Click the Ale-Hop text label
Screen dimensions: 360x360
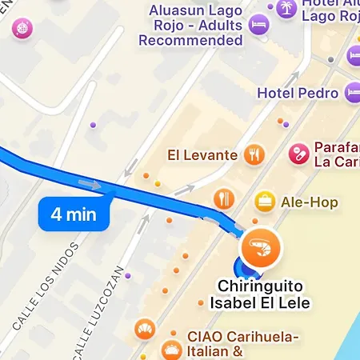pyautogui.click(x=309, y=202)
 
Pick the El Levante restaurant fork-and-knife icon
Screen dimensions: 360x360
pyautogui.click(x=254, y=154)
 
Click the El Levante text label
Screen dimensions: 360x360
pyautogui.click(x=202, y=155)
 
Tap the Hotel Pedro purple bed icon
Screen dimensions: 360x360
pyautogui.click(x=353, y=93)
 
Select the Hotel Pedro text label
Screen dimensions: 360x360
pyautogui.click(x=298, y=93)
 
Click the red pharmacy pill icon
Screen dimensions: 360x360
pyautogui.click(x=299, y=152)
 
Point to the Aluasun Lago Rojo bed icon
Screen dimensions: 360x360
pyautogui.click(x=258, y=26)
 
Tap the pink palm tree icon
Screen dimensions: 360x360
pyautogui.click(x=285, y=9)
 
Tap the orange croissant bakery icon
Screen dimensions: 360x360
pyautogui.click(x=145, y=330)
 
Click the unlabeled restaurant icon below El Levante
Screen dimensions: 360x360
pyautogui.click(x=224, y=198)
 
